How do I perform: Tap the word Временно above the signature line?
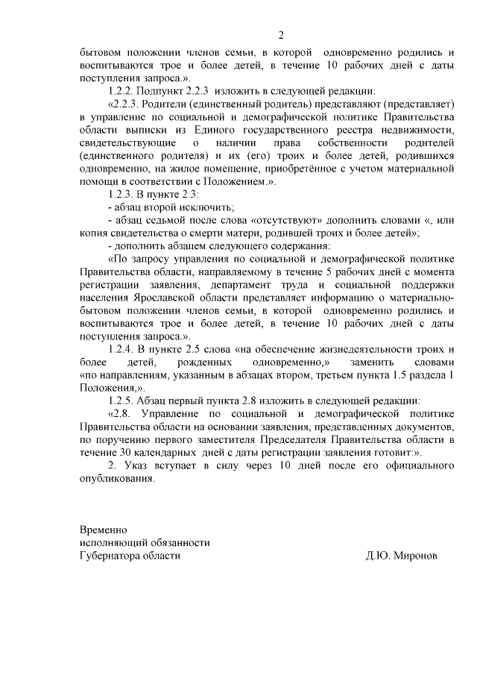coord(104,529)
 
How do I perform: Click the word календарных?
coord(169,453)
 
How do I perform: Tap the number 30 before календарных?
coord(126,453)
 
